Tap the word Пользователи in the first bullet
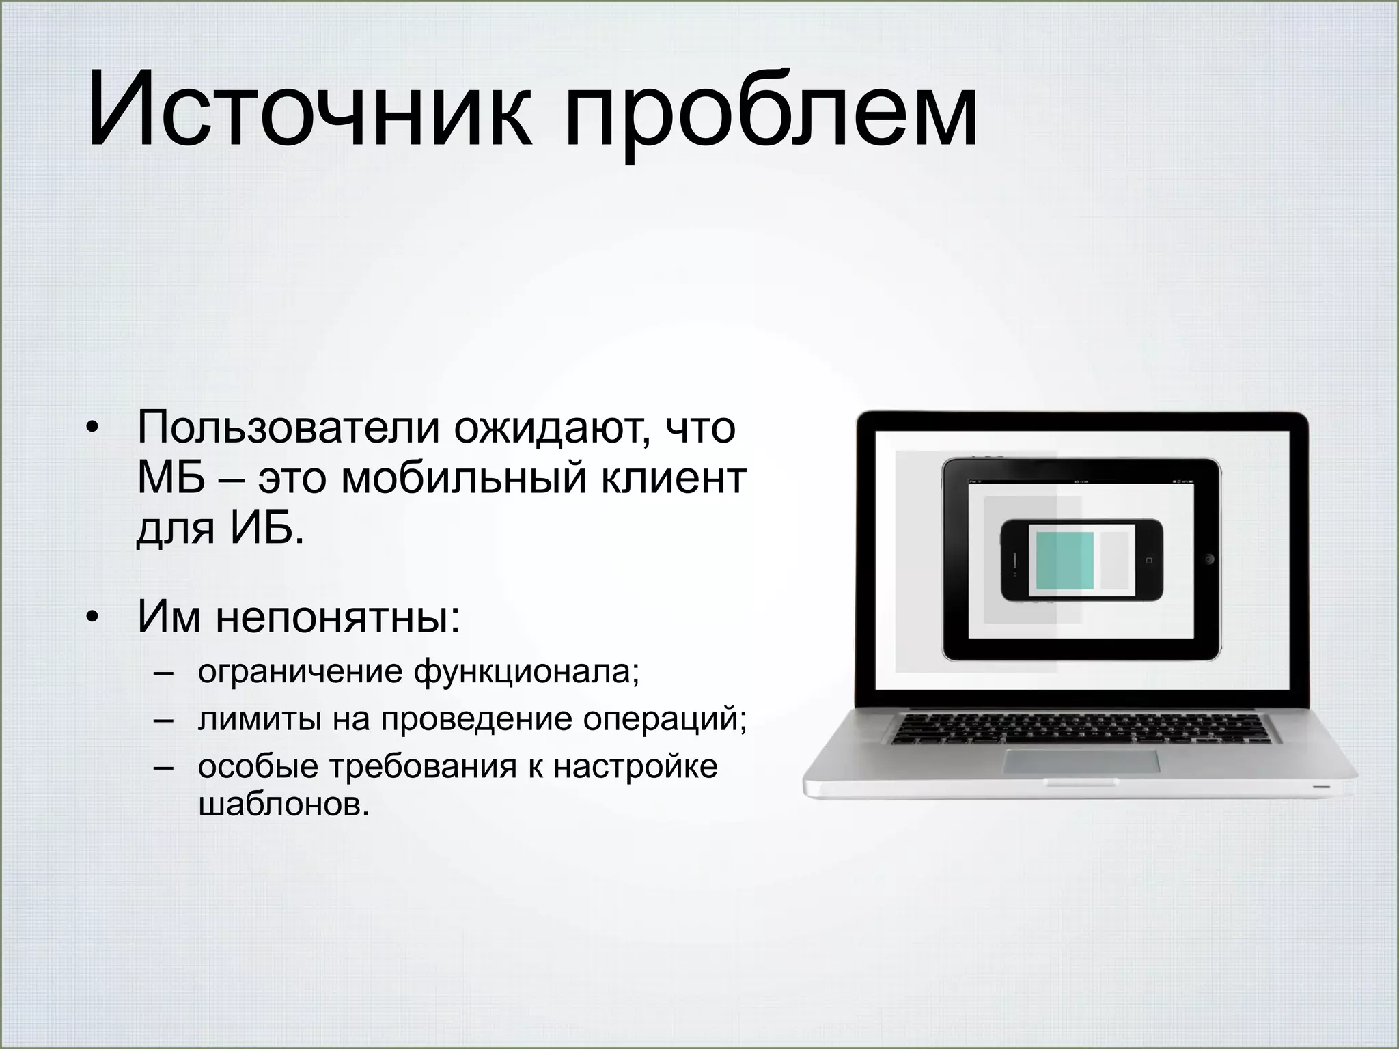tap(287, 428)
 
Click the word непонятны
tap(337, 617)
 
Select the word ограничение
tap(300, 673)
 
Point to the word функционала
tap(526, 673)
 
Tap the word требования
tap(424, 766)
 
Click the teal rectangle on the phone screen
tap(1064, 561)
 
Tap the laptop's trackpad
tap(1081, 761)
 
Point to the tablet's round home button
tap(1209, 559)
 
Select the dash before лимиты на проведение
tap(163, 721)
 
